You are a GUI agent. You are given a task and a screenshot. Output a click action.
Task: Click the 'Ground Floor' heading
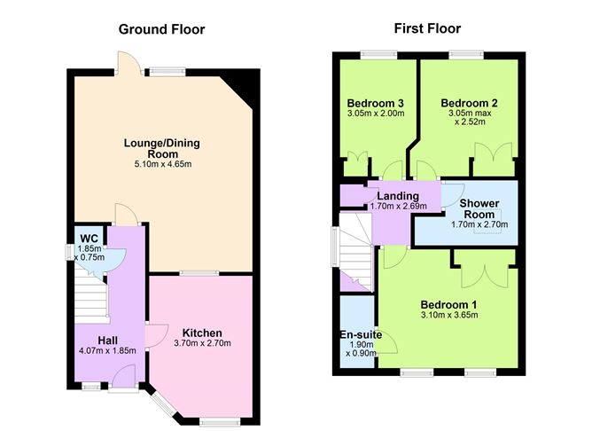pos(162,29)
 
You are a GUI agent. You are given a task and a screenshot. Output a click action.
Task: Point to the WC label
pos(90,238)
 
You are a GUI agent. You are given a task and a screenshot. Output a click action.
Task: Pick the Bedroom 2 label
pos(469,102)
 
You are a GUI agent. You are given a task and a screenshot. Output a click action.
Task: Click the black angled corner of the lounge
pos(242,88)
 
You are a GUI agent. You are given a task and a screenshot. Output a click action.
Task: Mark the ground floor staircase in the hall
pos(90,293)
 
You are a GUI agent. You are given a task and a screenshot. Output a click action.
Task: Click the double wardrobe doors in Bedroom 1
pos(484,266)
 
